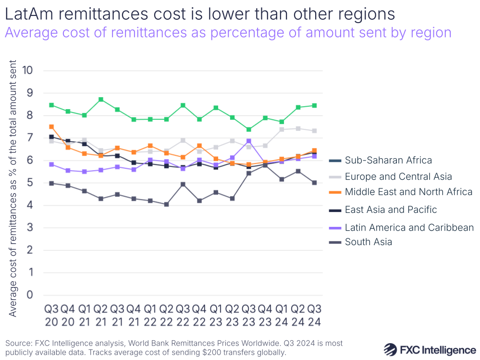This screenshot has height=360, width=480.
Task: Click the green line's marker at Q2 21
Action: (x=101, y=99)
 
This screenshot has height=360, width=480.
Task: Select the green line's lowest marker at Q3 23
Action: (x=248, y=129)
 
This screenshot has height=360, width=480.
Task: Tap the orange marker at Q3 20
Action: (x=51, y=127)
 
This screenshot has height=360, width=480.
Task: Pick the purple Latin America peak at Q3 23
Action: (x=248, y=141)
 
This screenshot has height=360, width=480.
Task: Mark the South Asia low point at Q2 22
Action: (x=167, y=204)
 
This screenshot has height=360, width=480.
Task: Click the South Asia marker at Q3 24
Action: (x=314, y=183)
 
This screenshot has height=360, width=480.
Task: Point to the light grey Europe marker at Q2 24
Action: (x=298, y=128)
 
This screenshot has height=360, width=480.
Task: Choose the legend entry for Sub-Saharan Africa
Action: (x=388, y=161)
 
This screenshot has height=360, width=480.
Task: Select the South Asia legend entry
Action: (x=368, y=242)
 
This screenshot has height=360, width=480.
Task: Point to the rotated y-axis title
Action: (x=13, y=188)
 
